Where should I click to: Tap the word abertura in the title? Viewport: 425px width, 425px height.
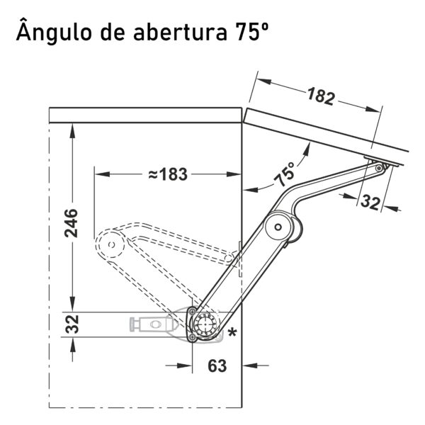[180, 32]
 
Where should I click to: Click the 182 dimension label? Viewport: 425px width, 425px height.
[321, 96]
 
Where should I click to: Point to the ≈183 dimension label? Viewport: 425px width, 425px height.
[168, 174]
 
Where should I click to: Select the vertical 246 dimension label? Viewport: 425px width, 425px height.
[72, 223]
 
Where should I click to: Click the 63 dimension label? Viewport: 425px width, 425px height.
[217, 365]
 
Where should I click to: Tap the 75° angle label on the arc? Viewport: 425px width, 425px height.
[284, 174]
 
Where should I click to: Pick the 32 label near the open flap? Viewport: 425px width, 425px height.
[370, 202]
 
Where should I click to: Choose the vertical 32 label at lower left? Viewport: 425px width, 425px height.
[72, 324]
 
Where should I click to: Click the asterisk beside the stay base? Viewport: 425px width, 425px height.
[232, 332]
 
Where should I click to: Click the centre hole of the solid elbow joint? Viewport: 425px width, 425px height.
[278, 227]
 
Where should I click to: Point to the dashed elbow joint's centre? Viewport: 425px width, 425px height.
[111, 245]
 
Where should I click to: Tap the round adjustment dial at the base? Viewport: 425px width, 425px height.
[205, 324]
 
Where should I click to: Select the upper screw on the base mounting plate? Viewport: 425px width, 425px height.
[192, 311]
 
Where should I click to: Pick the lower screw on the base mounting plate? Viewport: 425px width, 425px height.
[192, 337]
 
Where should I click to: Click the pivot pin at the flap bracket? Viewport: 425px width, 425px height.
[379, 169]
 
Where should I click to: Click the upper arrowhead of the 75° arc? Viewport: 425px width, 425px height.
[307, 149]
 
